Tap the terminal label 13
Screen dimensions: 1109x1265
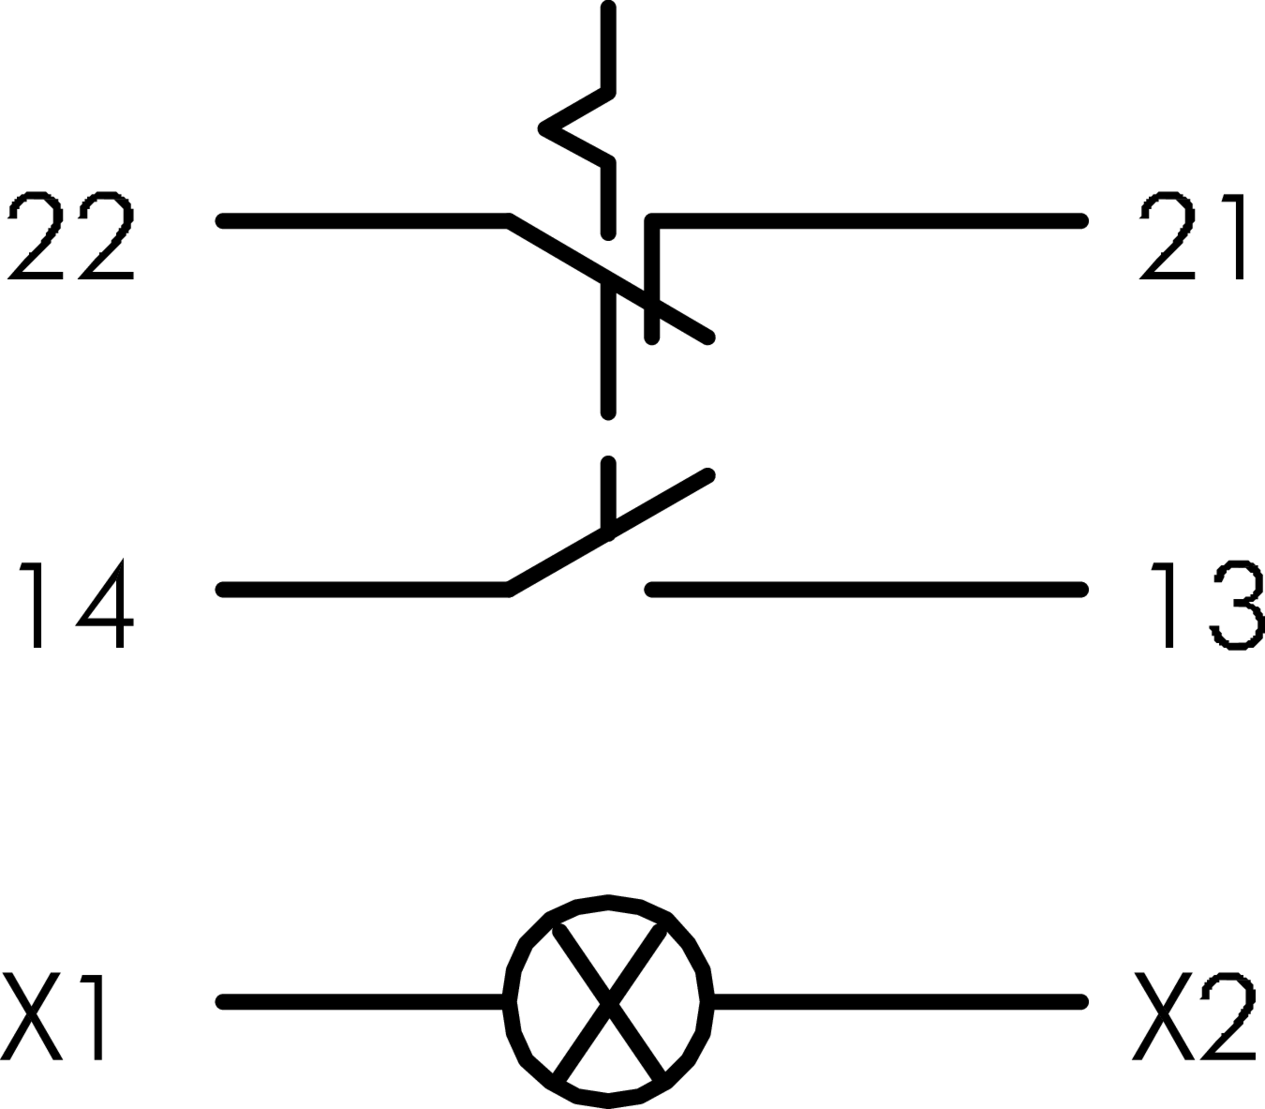(x=1205, y=604)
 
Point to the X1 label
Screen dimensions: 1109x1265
(x=52, y=1016)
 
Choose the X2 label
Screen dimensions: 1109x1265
(x=1194, y=1016)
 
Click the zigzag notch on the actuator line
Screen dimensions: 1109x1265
(x=557, y=129)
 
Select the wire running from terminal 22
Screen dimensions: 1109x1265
(x=365, y=221)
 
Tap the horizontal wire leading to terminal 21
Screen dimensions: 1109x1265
(x=866, y=221)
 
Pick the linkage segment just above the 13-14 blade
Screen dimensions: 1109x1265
(x=608, y=495)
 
